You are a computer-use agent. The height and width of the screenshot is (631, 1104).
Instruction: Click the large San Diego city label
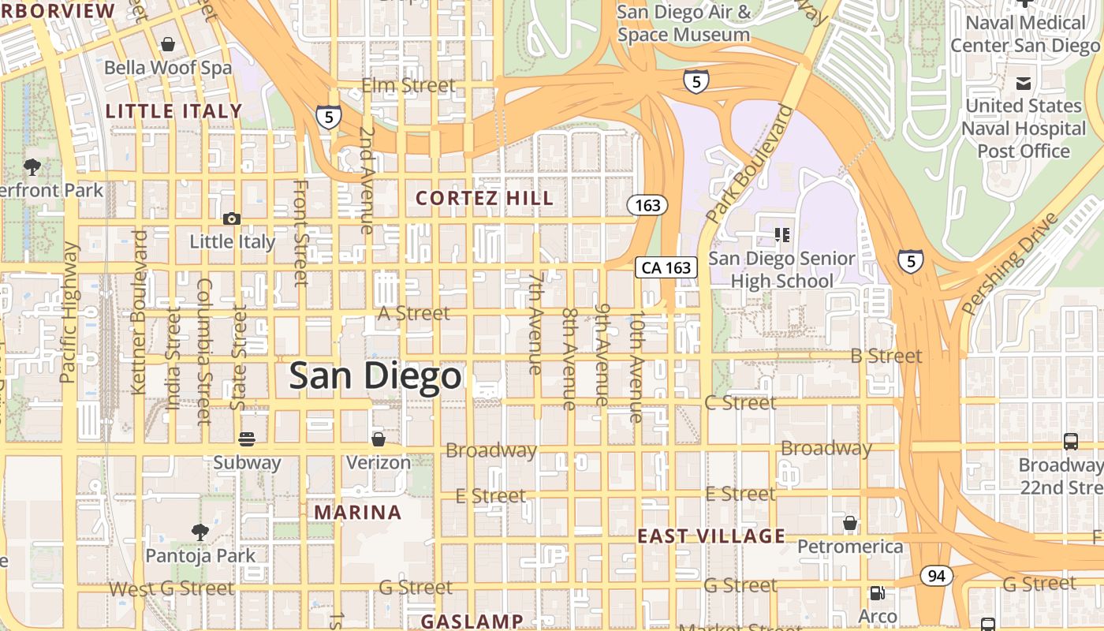(x=375, y=376)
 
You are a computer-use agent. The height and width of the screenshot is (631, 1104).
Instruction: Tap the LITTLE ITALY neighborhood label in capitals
(x=173, y=111)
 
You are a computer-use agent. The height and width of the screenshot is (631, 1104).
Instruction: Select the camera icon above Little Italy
(x=231, y=218)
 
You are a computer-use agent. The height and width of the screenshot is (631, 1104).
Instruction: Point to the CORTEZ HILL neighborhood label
(x=484, y=198)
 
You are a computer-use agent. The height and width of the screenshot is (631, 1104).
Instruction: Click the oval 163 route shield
(x=647, y=205)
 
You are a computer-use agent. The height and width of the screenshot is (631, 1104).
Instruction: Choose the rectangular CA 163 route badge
(x=666, y=267)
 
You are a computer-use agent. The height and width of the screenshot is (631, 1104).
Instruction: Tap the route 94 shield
(x=936, y=577)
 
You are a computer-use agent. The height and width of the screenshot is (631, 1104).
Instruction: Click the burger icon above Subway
(x=247, y=439)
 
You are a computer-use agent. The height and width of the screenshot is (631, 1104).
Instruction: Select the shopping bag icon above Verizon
(x=379, y=439)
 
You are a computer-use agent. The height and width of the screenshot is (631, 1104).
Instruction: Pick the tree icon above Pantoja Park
(x=200, y=532)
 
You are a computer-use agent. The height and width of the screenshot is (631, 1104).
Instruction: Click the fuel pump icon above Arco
(x=876, y=593)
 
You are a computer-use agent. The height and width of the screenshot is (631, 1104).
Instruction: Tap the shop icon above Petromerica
(x=849, y=522)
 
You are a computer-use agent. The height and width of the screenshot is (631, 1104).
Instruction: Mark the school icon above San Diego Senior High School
(x=782, y=234)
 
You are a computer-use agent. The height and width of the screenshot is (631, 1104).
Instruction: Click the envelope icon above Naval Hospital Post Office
(x=1024, y=83)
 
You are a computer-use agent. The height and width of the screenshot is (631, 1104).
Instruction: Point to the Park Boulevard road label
(x=749, y=164)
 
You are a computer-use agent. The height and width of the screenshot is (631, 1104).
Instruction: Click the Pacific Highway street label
(x=69, y=312)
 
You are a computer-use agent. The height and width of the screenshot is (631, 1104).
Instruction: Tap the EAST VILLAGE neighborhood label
(x=711, y=536)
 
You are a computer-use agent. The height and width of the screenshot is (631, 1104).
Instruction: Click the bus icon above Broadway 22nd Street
(x=1070, y=442)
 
